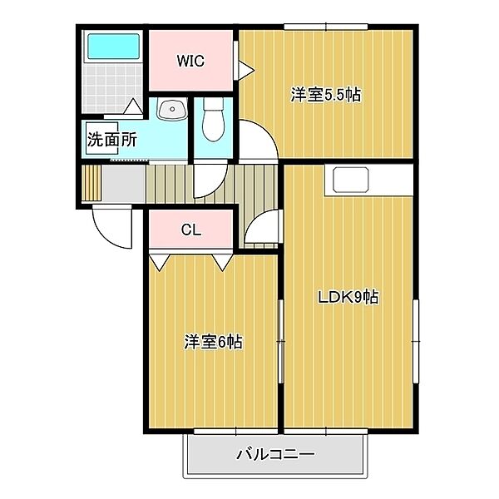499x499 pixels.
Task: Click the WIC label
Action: click(190, 62)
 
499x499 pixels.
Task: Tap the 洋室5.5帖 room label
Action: click(325, 95)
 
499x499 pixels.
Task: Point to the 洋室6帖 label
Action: click(213, 342)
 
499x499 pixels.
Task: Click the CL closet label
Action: click(190, 230)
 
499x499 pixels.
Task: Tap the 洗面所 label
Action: click(112, 140)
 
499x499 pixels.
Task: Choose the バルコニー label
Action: click(274, 454)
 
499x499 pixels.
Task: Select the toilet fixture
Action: click(214, 121)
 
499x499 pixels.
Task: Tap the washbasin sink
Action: click(172, 110)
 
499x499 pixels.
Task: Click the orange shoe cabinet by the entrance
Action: click(91, 183)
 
